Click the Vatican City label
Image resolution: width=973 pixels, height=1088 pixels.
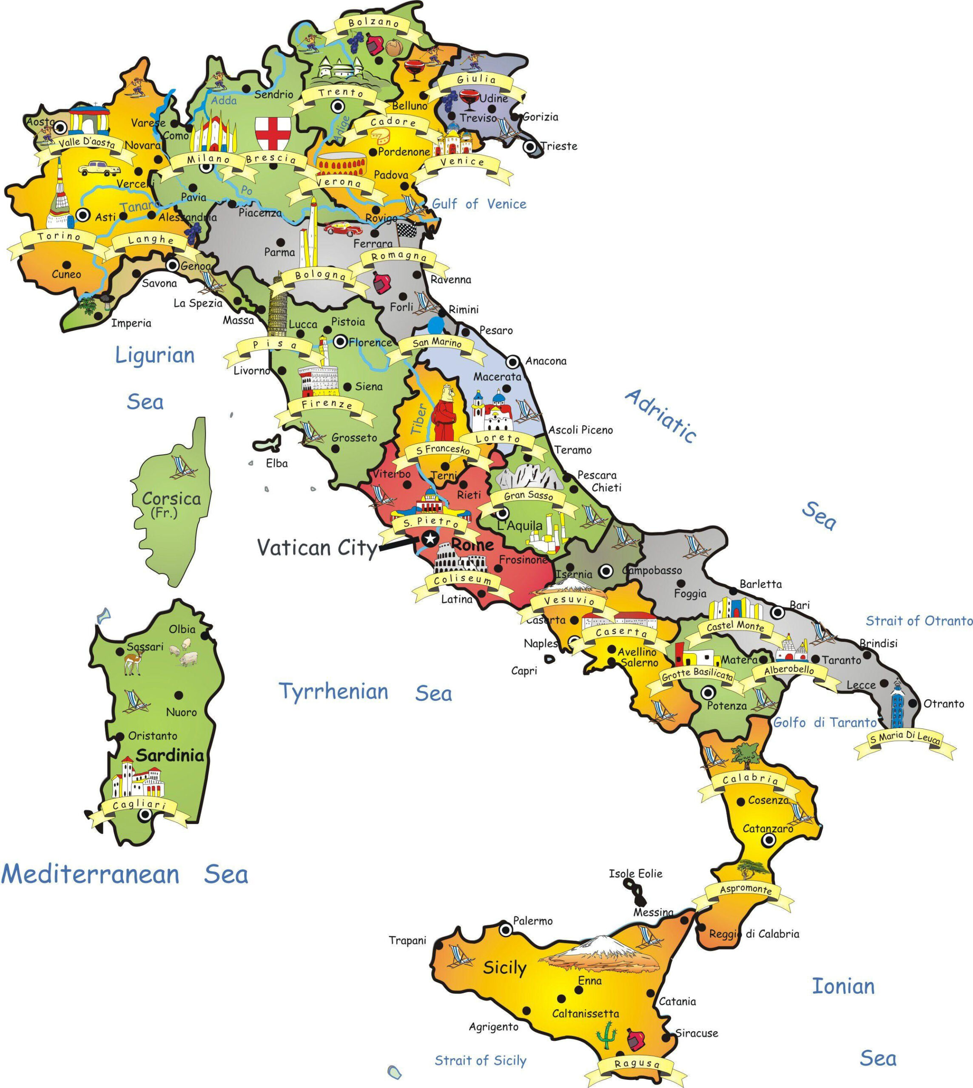[316, 548]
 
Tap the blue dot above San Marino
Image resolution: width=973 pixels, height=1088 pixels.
[436, 324]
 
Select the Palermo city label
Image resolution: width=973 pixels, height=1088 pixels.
[532, 921]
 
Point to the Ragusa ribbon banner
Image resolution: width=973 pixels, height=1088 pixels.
[637, 1063]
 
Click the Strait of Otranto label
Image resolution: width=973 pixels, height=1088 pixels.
[919, 621]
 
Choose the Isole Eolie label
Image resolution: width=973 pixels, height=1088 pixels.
[635, 874]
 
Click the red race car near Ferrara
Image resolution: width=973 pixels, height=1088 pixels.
[342, 229]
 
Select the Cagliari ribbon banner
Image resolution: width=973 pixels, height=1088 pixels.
[140, 806]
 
